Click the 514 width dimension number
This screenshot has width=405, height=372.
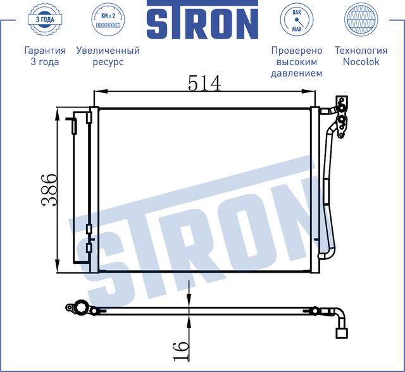click(x=204, y=83)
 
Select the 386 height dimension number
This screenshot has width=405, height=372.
click(x=49, y=190)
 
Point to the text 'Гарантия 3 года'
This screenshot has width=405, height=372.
click(x=44, y=56)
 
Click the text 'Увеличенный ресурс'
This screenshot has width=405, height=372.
click(x=108, y=56)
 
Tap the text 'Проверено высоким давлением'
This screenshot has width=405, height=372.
click(x=296, y=61)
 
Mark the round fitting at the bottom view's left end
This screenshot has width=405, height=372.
click(x=80, y=308)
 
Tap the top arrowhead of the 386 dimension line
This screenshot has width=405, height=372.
click(x=58, y=113)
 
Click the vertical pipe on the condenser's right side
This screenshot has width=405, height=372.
click(x=327, y=190)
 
